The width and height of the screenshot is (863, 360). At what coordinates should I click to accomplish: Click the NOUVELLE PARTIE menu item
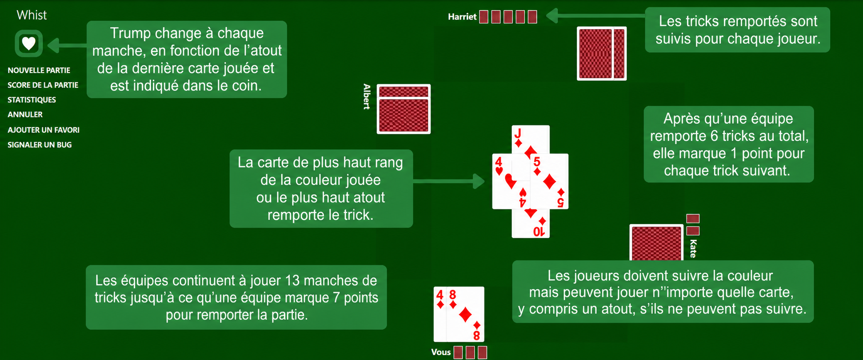click(x=39, y=70)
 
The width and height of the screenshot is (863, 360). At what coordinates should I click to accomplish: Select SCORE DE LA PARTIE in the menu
click(x=43, y=85)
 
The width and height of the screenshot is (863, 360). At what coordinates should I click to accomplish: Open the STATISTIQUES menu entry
click(x=32, y=100)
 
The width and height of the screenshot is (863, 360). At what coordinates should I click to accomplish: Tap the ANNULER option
click(x=25, y=114)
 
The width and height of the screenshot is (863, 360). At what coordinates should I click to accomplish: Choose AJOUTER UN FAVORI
click(x=44, y=130)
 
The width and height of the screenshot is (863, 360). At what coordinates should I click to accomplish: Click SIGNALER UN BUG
click(x=40, y=144)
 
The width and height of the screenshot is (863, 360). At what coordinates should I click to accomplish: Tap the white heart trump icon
click(x=29, y=44)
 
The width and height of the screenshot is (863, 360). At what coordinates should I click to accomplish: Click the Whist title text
click(x=32, y=15)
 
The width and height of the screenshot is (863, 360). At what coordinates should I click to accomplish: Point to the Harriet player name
click(x=462, y=17)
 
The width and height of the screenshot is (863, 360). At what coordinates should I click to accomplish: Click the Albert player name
click(x=367, y=96)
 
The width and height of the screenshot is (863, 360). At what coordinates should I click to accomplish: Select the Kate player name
click(x=693, y=248)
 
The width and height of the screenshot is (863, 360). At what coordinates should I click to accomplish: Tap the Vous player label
click(x=441, y=352)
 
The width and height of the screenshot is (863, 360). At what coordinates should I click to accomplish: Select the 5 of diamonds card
click(x=550, y=181)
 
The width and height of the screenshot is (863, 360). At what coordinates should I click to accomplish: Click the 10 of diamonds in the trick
click(x=531, y=224)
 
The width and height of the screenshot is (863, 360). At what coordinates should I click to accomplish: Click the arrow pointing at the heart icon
click(x=67, y=45)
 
